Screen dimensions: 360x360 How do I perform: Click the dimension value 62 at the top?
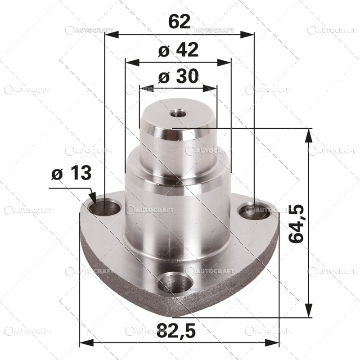[179, 21]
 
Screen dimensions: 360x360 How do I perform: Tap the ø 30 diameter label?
[179, 77]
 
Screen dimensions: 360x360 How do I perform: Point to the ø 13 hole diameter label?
[71, 173]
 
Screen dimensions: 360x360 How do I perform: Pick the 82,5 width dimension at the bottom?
[177, 332]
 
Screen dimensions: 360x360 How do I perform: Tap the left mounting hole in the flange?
[105, 208]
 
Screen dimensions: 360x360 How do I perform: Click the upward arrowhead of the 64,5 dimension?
[309, 133]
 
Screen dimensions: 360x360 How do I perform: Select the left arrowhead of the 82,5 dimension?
[85, 343]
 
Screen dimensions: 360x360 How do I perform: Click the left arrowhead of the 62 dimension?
[109, 34]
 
